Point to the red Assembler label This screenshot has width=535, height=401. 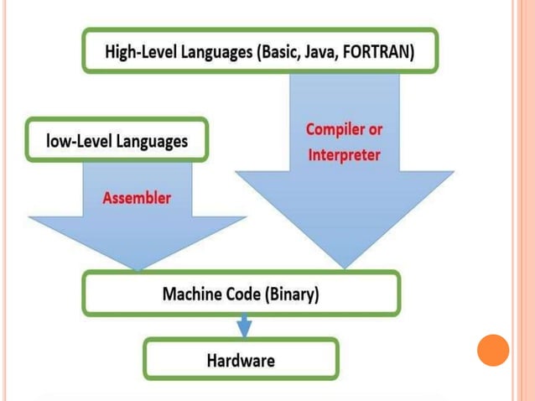[137, 198]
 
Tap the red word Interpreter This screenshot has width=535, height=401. [344, 155]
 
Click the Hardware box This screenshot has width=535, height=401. [241, 361]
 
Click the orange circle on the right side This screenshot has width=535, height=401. [493, 350]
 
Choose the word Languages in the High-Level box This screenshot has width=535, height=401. [221, 52]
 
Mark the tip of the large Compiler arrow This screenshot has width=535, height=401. [344, 267]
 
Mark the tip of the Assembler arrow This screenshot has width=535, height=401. [138, 268]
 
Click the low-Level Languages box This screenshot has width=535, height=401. [117, 140]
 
